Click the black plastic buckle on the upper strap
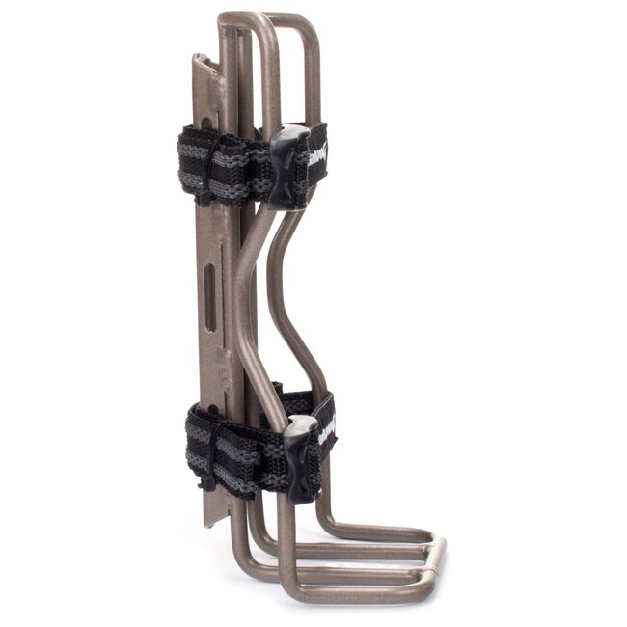tap(288, 165)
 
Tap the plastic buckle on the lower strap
tap(300, 458)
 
